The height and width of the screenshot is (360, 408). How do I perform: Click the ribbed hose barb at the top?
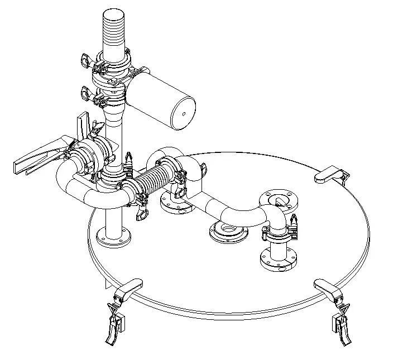click(114, 31)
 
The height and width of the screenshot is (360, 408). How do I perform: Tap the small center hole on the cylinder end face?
click(184, 114)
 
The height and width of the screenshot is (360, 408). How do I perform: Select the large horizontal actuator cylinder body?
click(159, 98)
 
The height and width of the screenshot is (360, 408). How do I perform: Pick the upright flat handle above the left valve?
click(84, 124)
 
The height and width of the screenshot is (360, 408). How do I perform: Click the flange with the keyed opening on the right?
click(279, 200)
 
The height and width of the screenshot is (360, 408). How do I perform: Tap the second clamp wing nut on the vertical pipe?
click(87, 92)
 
